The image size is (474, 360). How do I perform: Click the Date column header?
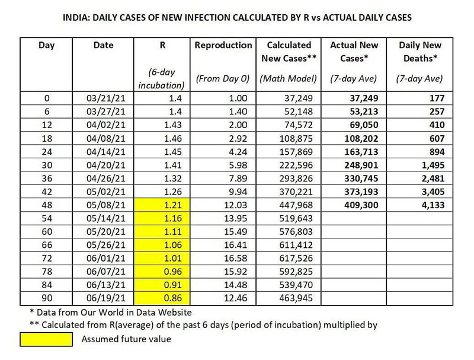point(103,44)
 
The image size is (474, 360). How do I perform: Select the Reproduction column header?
point(223,44)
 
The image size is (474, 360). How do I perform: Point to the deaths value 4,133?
point(430,205)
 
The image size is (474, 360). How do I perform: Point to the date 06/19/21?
point(103,300)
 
